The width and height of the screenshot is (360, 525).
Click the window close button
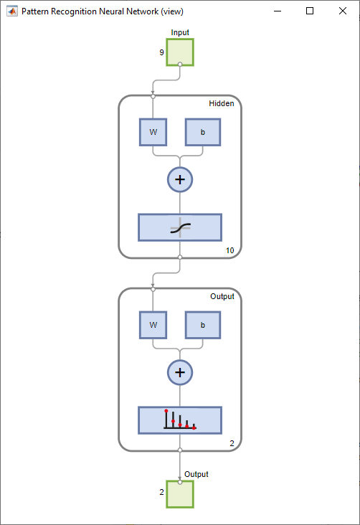(x=342, y=11)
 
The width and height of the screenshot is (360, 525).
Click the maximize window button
(x=310, y=11)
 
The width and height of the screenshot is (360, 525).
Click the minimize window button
(x=278, y=11)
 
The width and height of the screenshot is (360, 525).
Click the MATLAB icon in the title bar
(x=12, y=11)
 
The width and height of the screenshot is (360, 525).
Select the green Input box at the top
(x=180, y=52)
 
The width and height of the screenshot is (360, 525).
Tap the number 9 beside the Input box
(x=162, y=52)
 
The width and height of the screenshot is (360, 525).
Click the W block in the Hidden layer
(x=153, y=132)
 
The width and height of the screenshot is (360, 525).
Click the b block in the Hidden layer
(x=203, y=132)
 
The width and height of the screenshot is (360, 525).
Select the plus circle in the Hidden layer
(x=180, y=179)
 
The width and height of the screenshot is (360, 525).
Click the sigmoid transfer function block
(x=180, y=227)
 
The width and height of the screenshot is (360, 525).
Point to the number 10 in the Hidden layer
(x=229, y=250)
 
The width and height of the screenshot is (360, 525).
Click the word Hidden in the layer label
(x=222, y=103)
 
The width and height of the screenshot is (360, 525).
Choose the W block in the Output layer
(x=153, y=325)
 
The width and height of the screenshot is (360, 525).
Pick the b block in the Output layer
(x=203, y=325)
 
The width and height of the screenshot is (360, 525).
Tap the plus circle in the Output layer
(x=180, y=372)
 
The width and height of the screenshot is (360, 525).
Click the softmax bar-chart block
(x=180, y=420)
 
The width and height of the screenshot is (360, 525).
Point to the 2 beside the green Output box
(x=162, y=492)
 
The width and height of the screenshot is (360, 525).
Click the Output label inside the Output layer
(x=222, y=296)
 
